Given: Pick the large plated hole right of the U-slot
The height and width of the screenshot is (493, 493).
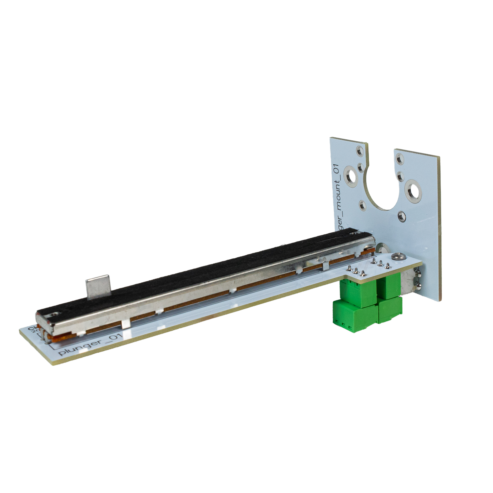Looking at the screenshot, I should [412, 190].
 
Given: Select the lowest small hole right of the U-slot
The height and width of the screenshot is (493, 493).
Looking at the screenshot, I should [401, 216].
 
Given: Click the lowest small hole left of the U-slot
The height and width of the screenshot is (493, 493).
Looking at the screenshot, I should [362, 205].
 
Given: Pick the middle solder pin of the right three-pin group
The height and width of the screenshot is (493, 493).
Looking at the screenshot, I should [381, 263].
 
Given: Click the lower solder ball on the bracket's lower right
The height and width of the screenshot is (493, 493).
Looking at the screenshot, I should [419, 286].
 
